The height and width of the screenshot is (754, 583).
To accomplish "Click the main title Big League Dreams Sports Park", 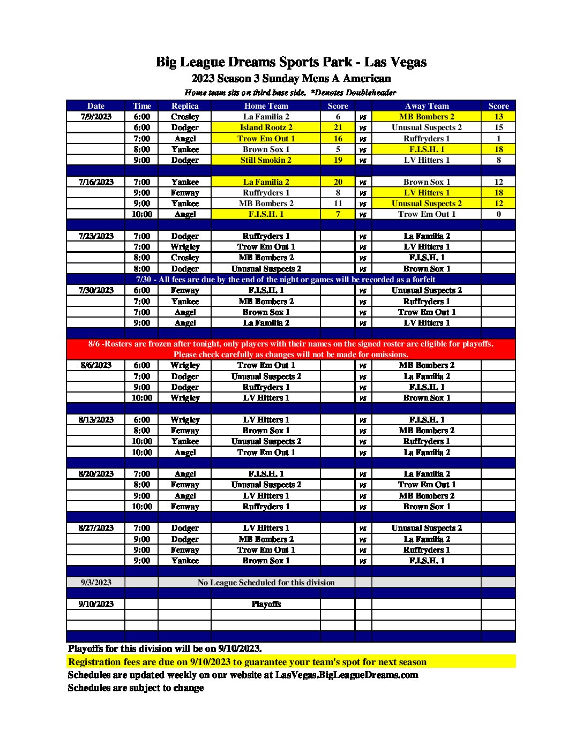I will (x=291, y=62).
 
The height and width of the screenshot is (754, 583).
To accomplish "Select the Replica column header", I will (x=185, y=106).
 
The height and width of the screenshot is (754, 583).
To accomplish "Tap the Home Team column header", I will (x=266, y=106).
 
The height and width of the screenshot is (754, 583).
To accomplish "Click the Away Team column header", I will (x=427, y=106).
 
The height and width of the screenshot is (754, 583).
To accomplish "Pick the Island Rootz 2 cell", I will (x=266, y=127).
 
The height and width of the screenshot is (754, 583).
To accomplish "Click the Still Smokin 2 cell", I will (x=266, y=160).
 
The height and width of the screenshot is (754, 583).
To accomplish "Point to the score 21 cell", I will (x=338, y=127).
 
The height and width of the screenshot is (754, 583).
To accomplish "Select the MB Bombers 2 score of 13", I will (x=498, y=117).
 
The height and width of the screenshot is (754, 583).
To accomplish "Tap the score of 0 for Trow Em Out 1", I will (x=498, y=214).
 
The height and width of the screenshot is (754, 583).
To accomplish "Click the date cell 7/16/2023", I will (x=96, y=182).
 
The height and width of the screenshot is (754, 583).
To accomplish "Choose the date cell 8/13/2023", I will (x=96, y=420).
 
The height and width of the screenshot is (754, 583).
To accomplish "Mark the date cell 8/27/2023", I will (x=96, y=528).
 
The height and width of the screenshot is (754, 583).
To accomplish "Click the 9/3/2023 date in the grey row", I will (x=96, y=583).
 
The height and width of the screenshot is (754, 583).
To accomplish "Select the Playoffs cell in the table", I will (x=266, y=604).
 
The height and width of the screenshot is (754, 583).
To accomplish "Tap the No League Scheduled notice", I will (x=266, y=583).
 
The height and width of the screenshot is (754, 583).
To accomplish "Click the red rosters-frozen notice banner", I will (x=291, y=349).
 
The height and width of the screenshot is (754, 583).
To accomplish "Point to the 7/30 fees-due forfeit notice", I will (x=285, y=280).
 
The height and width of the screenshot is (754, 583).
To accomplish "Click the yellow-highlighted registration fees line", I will (x=247, y=662).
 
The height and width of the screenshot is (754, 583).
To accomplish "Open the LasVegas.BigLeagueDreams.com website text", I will (x=346, y=675).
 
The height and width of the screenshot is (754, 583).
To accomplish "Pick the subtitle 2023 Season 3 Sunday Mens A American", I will (x=291, y=79).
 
